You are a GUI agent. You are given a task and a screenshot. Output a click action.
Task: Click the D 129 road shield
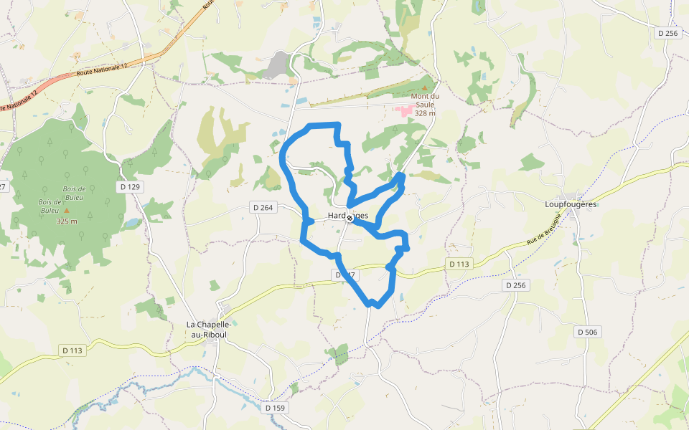pyautogui.click(x=130, y=186)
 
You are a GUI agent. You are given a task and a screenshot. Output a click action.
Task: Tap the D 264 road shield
pyautogui.click(x=263, y=207)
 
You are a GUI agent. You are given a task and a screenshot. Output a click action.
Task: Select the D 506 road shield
pyautogui.click(x=589, y=332)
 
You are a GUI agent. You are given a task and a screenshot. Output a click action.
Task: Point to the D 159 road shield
pyautogui.click(x=275, y=408)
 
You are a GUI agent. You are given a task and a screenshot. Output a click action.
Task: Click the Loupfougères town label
pyautogui.click(x=571, y=204)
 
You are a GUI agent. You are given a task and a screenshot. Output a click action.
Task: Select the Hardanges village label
pyautogui.click(x=348, y=215)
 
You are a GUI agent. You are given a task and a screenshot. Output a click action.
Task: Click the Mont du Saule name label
pyautogui.click(x=425, y=100)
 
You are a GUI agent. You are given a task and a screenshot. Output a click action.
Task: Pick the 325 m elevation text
pyautogui.click(x=67, y=221)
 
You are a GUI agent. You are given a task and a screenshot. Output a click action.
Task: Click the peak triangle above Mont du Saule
pyautogui.click(x=423, y=87)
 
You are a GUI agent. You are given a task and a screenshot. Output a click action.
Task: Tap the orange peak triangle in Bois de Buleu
pyautogui.click(x=67, y=211)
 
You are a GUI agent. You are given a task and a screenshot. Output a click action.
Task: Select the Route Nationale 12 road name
pyautogui.click(x=101, y=70)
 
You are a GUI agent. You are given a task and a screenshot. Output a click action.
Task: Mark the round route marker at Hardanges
pyautogui.click(x=350, y=218)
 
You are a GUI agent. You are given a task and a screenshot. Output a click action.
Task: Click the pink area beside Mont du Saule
pyautogui.click(x=405, y=110)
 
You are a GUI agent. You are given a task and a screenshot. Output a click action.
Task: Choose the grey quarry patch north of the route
pyautogui.click(x=277, y=65)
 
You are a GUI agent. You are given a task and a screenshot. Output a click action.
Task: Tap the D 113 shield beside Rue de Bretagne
pyautogui.click(x=459, y=264)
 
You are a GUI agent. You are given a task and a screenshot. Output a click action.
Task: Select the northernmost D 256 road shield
pyautogui.click(x=667, y=33)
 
